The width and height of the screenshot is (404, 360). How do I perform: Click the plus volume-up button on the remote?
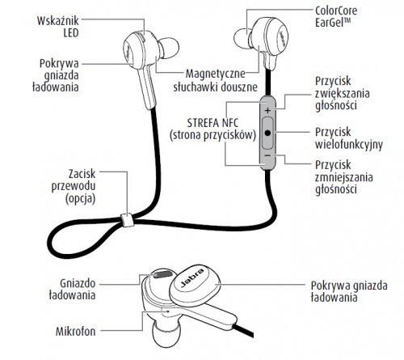click(x=267, y=110)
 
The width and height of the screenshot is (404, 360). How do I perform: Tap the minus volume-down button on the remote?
click(x=267, y=155)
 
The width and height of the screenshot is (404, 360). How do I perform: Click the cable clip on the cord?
click(x=127, y=220)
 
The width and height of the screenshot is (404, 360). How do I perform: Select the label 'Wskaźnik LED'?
click(x=57, y=27)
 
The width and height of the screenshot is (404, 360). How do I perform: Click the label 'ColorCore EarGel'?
click(x=336, y=16)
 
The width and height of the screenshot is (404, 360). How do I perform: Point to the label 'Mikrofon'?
click(x=76, y=332)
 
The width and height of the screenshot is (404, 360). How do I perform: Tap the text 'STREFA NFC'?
click(x=213, y=123)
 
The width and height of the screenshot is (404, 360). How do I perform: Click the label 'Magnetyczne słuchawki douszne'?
click(x=215, y=80)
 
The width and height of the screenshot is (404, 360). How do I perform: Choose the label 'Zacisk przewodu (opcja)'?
click(x=74, y=187)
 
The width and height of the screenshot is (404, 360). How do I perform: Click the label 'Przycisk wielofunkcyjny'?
click(x=349, y=138)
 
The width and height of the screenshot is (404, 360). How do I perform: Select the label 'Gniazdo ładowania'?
click(x=73, y=290)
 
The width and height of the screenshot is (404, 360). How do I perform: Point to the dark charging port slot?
click(x=162, y=274)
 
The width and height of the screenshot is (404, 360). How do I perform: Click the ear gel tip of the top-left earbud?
click(x=169, y=48)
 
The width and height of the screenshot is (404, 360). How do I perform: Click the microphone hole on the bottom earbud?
click(x=168, y=311)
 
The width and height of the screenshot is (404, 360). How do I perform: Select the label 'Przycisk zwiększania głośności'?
click(x=343, y=93)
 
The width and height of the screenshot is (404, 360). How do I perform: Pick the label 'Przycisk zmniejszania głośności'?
click(x=344, y=177)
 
